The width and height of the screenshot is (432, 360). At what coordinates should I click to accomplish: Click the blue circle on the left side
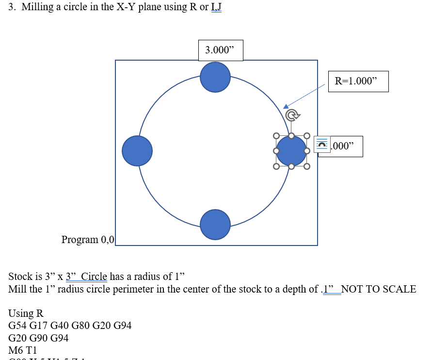(x=137, y=151)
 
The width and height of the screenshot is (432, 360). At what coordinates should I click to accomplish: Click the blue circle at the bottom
(x=215, y=225)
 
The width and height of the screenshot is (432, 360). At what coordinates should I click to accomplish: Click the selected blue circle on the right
(x=291, y=151)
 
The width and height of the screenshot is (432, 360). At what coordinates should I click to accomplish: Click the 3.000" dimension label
(x=220, y=50)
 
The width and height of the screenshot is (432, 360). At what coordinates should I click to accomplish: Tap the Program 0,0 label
(x=88, y=239)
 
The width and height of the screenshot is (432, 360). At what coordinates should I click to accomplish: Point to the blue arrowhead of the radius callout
(x=286, y=106)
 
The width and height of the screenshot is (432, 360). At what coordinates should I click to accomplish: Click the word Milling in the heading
(x=37, y=7)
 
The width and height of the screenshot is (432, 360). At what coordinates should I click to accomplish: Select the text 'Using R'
(x=26, y=313)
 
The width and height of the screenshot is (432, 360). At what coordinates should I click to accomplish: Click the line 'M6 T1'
(x=23, y=350)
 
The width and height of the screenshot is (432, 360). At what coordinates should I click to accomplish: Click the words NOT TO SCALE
(x=379, y=289)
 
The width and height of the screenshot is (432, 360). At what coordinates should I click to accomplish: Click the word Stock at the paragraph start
(x=21, y=277)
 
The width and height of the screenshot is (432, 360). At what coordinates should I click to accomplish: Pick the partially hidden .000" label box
(x=347, y=147)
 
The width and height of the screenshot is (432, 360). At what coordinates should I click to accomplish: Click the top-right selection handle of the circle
(x=307, y=135)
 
